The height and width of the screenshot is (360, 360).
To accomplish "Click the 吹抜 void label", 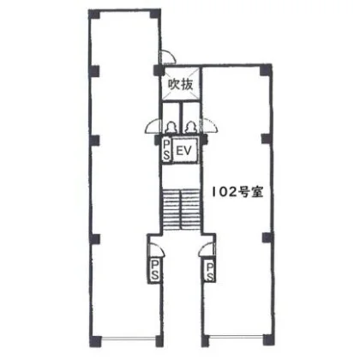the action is tap(181, 84).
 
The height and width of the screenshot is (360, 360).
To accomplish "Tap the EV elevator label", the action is tap(183, 151).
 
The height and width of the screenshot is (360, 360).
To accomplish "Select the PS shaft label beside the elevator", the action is tap(166, 150).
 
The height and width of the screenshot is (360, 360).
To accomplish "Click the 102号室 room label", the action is tap(237, 192).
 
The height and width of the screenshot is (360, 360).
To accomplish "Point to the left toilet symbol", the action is tap(171, 128).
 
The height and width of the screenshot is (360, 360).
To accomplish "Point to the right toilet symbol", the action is tap(189, 128).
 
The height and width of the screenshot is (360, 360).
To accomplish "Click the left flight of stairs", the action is tap(171, 209).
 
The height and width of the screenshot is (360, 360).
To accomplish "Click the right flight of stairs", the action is tap(190, 209).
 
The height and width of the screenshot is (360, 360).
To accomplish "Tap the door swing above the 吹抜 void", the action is tap(169, 57).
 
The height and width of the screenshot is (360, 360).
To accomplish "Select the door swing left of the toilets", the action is tap(153, 126).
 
